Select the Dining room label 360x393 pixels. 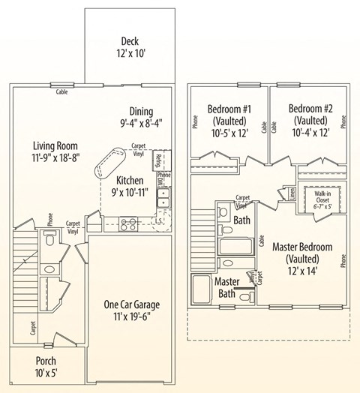[x=142, y=111]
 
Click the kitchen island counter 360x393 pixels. [x=110, y=160]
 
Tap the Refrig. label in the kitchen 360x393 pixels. [x=159, y=160]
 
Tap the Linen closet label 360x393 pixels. [x=291, y=194]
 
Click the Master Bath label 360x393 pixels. [x=226, y=287]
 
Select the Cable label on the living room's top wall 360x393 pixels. [x=63, y=93]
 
